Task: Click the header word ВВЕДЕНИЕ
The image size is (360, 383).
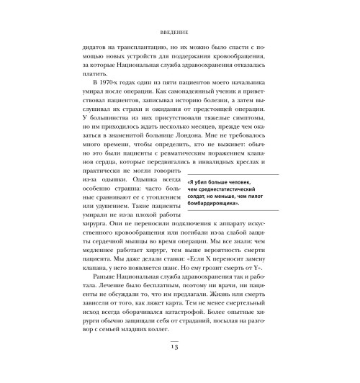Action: click(x=180, y=31)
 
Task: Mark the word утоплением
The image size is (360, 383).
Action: click(x=162, y=214)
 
